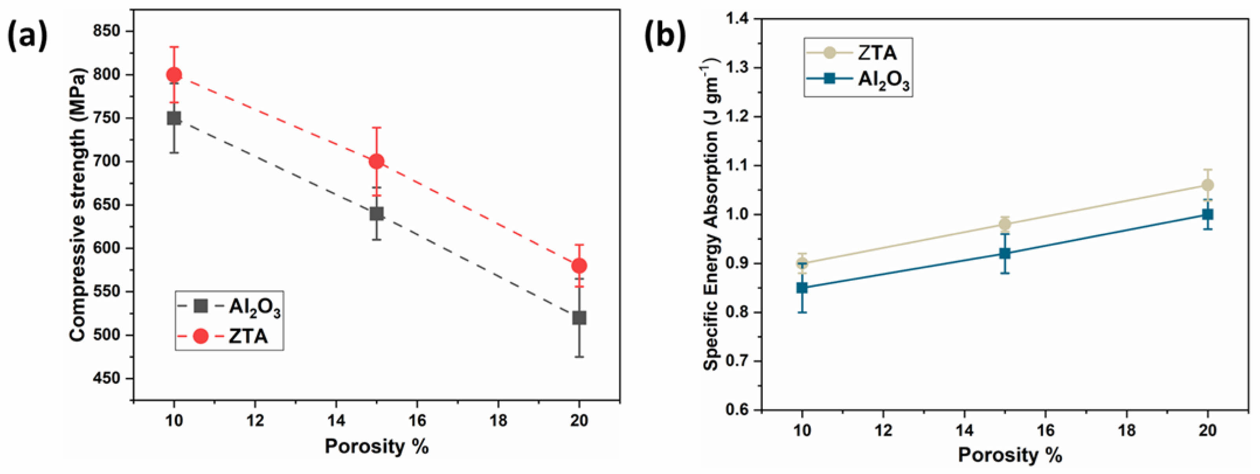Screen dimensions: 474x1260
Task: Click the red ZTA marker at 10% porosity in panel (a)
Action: pos(174,75)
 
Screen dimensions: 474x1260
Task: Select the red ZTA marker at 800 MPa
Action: pos(174,75)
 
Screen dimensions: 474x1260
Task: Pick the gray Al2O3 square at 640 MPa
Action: pos(376,213)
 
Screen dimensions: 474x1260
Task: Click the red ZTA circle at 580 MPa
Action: pos(579,265)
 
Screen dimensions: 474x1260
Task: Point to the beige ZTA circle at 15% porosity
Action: pos(1005,225)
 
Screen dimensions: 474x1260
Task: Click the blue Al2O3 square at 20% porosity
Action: pos(1207,214)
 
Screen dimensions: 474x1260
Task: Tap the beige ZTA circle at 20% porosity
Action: pos(1207,185)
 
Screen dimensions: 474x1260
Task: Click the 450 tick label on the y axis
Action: pos(106,378)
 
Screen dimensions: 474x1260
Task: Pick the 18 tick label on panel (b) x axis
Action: pos(1126,430)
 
